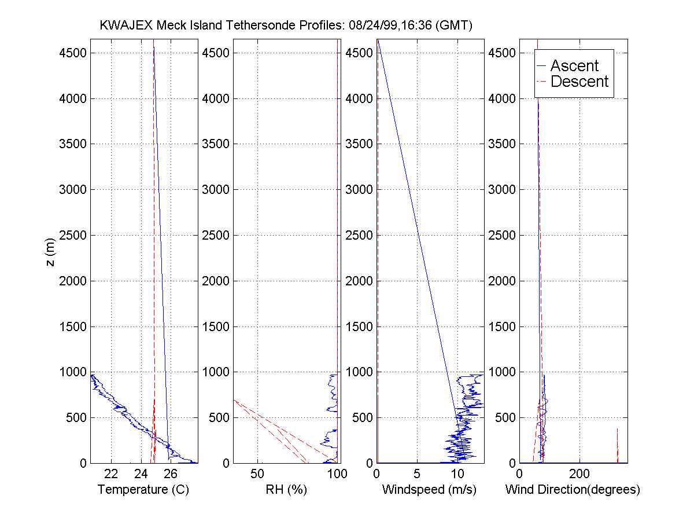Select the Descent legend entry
click(579, 82)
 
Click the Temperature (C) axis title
click(143, 490)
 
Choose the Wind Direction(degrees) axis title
click(573, 490)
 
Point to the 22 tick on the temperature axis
click(112, 474)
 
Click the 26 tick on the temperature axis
click(171, 474)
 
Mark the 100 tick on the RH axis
click(337, 474)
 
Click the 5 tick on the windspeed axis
click(417, 474)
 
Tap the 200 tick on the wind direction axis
click(579, 474)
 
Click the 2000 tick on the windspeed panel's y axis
click(360, 281)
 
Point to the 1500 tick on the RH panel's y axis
click(216, 326)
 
